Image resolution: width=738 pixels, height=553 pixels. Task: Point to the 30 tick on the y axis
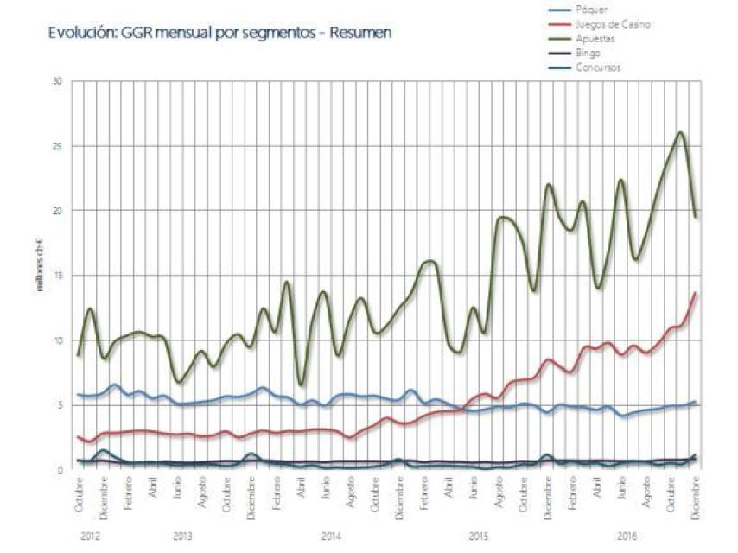(60, 82)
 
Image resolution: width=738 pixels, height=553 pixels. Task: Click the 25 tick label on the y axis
(60, 146)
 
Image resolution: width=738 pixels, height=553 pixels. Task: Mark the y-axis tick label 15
(60, 276)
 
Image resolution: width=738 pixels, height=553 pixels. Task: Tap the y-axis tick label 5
(61, 405)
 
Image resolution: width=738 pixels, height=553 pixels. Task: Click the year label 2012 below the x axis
(91, 537)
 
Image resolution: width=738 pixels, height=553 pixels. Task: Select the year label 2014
(331, 537)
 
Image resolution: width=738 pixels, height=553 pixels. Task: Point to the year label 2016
(627, 537)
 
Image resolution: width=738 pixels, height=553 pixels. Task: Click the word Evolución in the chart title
(76, 34)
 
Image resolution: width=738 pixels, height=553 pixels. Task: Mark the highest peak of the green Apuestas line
(680, 133)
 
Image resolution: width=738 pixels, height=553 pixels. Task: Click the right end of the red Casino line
(696, 293)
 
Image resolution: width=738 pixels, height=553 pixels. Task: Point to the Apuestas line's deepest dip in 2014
(301, 385)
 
